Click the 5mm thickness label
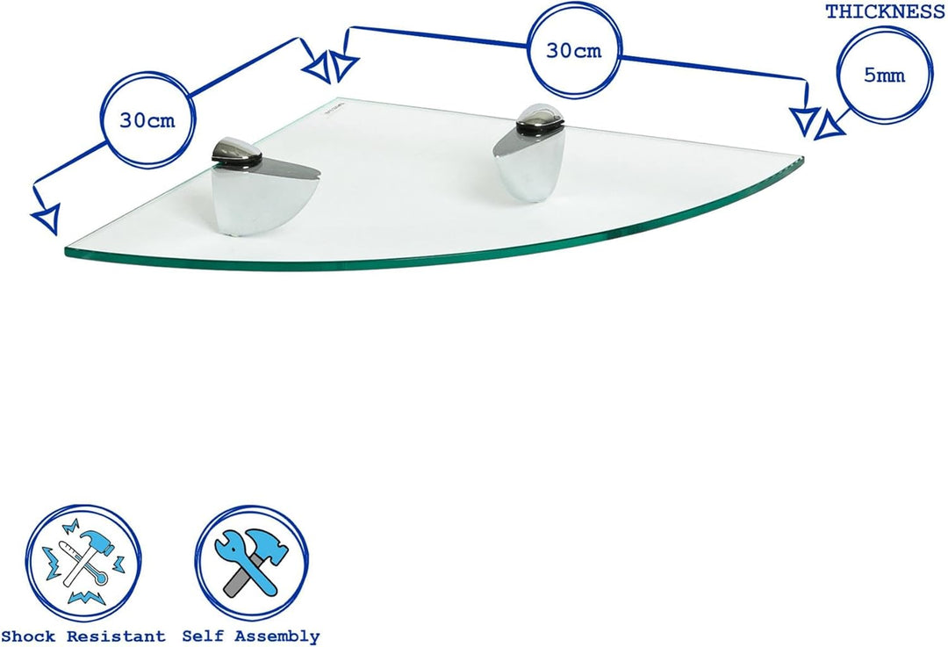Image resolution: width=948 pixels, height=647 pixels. tap(885, 75)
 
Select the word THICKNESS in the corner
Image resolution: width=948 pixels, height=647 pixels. tap(885, 11)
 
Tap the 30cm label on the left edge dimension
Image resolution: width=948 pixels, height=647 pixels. tap(147, 120)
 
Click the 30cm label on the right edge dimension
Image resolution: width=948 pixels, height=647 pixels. tap(574, 51)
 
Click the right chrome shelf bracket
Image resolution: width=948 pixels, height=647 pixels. tap(529, 153)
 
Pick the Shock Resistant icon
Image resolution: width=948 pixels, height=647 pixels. tap(83, 564)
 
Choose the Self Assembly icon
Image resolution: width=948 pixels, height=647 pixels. tap(252, 563)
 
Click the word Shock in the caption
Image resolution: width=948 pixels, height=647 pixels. tap(28, 636)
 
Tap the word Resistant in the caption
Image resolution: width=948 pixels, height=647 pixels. tap(116, 636)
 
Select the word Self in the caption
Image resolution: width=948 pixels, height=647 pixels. tap(203, 636)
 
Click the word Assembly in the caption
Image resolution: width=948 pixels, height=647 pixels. tap(277, 636)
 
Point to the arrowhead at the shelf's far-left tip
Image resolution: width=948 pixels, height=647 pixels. tap(47, 219)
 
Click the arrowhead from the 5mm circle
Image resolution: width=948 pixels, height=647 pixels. tap(828, 126)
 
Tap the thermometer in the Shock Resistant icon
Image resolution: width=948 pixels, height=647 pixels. tap(86, 563)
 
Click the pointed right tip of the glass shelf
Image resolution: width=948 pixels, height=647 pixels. tap(802, 161)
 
